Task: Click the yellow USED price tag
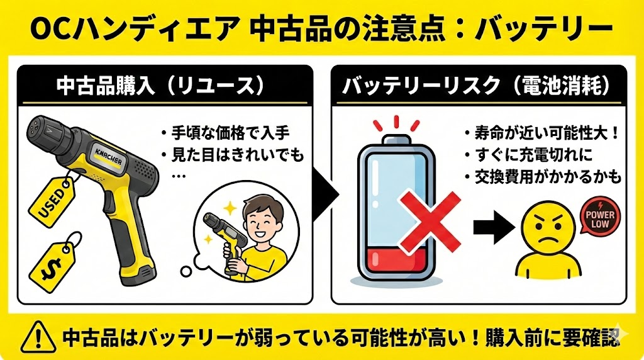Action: coord(52,202)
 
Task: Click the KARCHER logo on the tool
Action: coord(108,155)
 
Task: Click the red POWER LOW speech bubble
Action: coord(600,217)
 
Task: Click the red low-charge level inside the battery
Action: coord(396,261)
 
